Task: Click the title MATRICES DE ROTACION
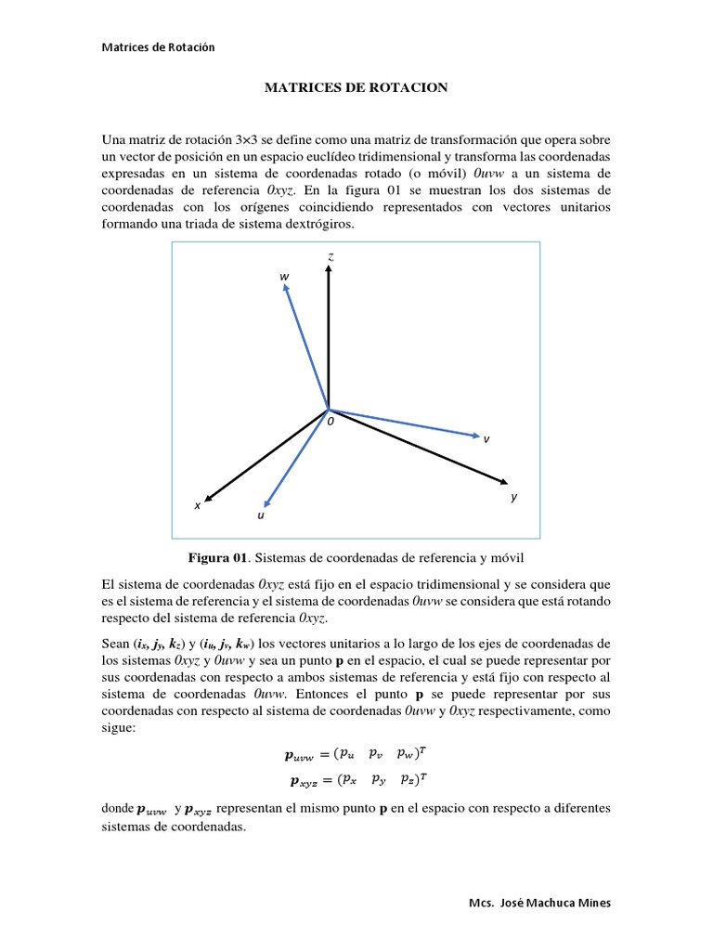click(x=356, y=87)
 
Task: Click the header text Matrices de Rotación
click(x=158, y=47)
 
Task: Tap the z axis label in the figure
click(x=330, y=254)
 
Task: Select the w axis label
click(x=284, y=277)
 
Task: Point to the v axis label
click(x=486, y=439)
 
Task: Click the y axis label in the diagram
click(x=512, y=498)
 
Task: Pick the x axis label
click(x=197, y=506)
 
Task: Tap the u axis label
click(x=261, y=514)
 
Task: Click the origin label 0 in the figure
click(x=329, y=421)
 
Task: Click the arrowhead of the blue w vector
click(x=285, y=289)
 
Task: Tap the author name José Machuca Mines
click(x=555, y=904)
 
